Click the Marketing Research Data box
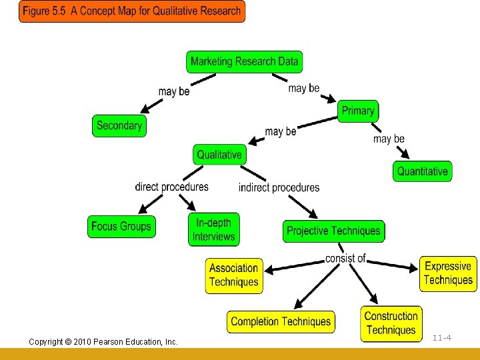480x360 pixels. [244, 62]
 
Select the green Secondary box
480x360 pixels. [119, 126]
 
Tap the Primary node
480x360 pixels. [358, 111]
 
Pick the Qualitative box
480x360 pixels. [219, 155]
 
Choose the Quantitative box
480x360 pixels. [422, 171]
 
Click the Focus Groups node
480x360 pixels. [121, 227]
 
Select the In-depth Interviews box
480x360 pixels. [213, 230]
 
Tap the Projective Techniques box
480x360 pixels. [333, 231]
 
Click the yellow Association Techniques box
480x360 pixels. [233, 275]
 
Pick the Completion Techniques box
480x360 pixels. [281, 322]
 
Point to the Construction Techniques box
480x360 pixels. [391, 323]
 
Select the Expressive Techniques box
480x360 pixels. [448, 273]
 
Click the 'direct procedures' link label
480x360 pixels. [171, 187]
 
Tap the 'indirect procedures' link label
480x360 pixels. [279, 187]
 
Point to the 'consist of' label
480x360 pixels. [345, 258]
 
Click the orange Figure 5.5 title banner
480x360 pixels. [131, 11]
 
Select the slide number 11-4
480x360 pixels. [442, 338]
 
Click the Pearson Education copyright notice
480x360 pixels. [103, 342]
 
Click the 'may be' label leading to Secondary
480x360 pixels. [174, 91]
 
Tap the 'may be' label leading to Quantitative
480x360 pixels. [389, 139]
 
